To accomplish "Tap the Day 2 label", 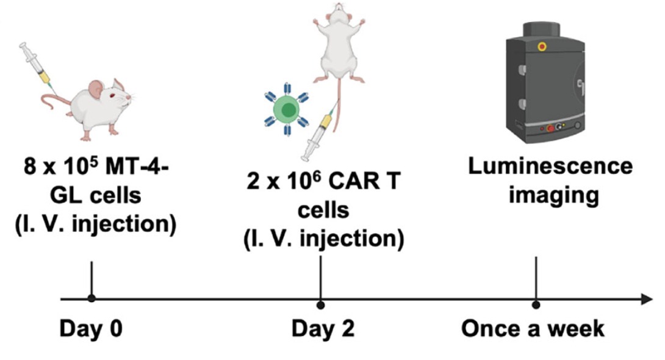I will pos(322,329).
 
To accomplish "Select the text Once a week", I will pos(533,329).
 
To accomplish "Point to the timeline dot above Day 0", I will pos(91,298).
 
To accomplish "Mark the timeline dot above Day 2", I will pos(321,303).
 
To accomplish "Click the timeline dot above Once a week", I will pos(536,304).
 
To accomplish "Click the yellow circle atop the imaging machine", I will pos(541,46).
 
